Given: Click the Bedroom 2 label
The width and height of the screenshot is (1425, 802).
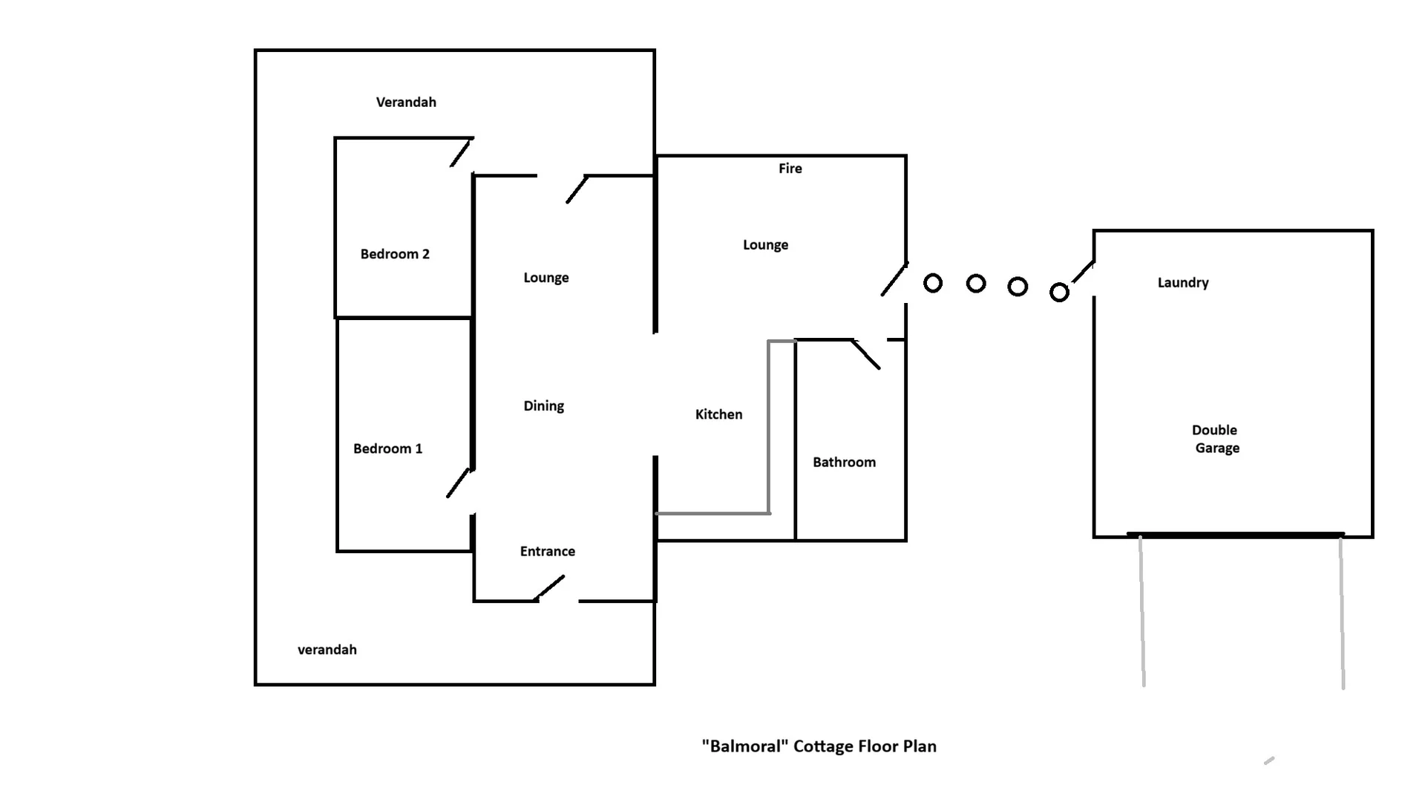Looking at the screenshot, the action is click(x=395, y=254).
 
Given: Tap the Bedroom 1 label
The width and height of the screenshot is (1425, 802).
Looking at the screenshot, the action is click(x=387, y=449).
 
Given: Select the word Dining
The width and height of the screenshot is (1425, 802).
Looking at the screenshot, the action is click(x=544, y=406).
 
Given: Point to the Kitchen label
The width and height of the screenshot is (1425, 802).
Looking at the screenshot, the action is click(x=718, y=414).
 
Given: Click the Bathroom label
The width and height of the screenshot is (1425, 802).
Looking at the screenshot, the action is click(x=844, y=462).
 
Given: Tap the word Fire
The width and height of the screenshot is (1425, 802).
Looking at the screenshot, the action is click(x=790, y=169).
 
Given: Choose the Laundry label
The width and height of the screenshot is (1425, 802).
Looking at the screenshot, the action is click(x=1183, y=283).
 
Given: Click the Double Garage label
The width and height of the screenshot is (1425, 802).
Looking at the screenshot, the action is click(x=1216, y=439).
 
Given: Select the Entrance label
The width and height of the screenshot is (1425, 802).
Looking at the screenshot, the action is click(x=548, y=551).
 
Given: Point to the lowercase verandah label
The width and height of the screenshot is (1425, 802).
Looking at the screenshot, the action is click(x=327, y=650).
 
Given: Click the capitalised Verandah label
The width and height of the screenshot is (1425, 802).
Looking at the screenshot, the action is click(x=406, y=102).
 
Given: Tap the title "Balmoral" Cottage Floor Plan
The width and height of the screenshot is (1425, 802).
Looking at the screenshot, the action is click(x=819, y=746).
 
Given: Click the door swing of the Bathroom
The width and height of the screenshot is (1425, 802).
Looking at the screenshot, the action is click(x=866, y=355).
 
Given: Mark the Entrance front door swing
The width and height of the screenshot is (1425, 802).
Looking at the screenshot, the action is click(x=549, y=588).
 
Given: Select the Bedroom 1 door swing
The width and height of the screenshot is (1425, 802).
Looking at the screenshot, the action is click(x=459, y=483).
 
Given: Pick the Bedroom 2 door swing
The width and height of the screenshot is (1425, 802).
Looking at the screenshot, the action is click(x=462, y=152).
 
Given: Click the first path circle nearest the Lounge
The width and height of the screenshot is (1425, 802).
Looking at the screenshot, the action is click(x=933, y=283).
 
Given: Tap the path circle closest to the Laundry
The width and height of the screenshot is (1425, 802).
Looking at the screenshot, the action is click(x=1060, y=293).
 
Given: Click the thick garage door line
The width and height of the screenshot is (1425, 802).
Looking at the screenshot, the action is click(x=1236, y=534).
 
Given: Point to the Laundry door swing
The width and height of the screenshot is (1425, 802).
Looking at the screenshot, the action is click(x=1084, y=272).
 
